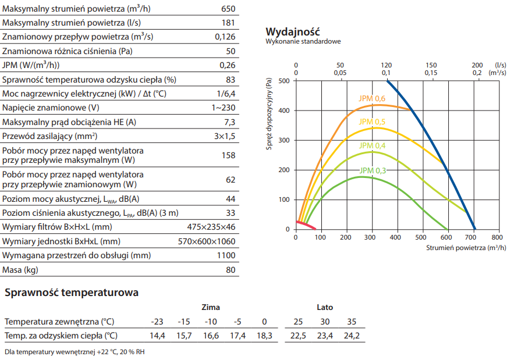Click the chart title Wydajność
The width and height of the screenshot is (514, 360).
point(292,31)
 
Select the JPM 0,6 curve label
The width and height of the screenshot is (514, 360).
point(372,99)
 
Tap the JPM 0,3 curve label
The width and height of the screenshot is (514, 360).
point(373,170)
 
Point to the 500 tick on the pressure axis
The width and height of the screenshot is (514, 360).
point(284,81)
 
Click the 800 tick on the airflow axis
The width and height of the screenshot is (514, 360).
point(497,237)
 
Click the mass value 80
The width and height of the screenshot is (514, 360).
point(231,270)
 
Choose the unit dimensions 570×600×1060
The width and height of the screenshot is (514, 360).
point(206,241)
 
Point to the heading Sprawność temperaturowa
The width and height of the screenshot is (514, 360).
point(72,293)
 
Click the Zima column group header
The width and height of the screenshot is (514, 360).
point(210,307)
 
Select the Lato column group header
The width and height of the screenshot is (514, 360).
point(325,307)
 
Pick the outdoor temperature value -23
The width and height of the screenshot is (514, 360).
point(157,322)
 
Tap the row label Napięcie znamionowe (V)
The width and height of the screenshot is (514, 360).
point(51,108)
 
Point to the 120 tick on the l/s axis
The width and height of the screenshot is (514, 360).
point(387,65)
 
